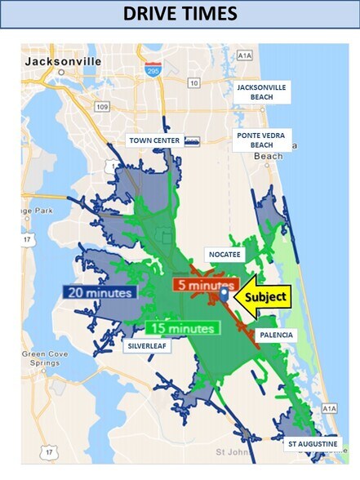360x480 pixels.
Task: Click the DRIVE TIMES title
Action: point(180,14)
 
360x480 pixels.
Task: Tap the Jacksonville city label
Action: point(63,61)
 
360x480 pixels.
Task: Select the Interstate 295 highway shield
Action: point(153,71)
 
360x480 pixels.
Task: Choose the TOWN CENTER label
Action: point(154,140)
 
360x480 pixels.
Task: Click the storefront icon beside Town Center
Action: point(192,140)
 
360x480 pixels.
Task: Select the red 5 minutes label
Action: point(204,286)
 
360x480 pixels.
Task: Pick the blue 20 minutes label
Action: point(100,291)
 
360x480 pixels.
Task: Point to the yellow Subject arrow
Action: point(262,297)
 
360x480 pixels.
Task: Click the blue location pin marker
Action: point(224,294)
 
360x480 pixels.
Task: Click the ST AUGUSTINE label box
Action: point(310,444)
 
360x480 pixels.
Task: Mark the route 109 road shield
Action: point(101,106)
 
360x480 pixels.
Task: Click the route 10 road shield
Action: point(193,82)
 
